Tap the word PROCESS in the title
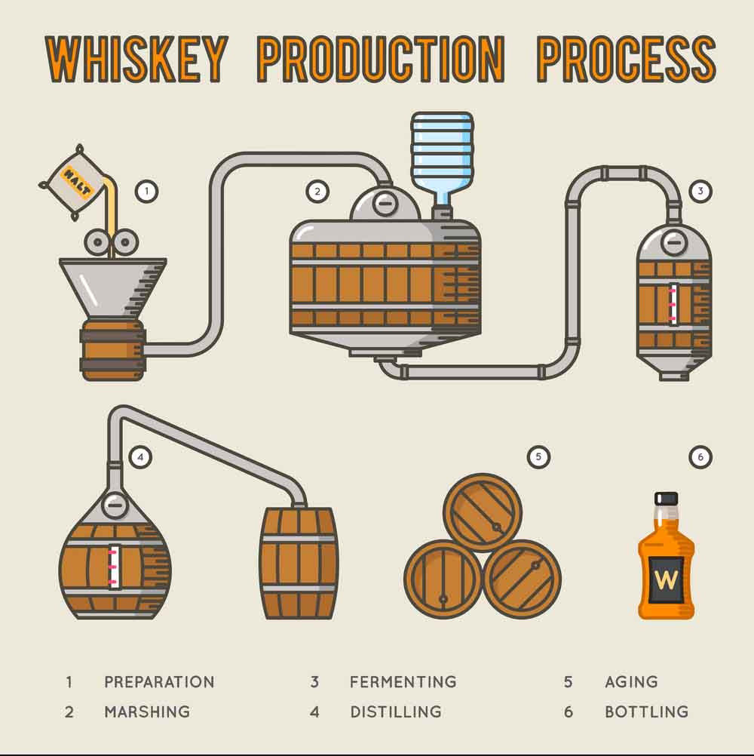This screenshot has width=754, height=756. click(625, 59)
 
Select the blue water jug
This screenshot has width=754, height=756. click(442, 155)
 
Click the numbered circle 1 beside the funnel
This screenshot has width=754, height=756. click(146, 192)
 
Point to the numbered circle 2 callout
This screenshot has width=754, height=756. click(317, 192)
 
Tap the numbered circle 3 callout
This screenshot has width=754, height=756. click(700, 192)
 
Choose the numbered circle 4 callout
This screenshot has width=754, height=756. click(140, 456)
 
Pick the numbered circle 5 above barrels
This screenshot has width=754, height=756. click(538, 456)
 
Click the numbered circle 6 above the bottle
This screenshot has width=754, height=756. click(700, 456)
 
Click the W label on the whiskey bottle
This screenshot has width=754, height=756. click(666, 580)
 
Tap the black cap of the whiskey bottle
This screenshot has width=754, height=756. click(667, 499)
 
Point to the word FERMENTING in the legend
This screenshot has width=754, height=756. click(403, 682)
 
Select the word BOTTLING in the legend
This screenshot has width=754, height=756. click(646, 711)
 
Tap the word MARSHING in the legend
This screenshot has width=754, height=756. click(147, 711)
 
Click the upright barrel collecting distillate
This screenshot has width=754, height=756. click(299, 563)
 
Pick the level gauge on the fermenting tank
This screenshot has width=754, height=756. click(673, 304)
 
